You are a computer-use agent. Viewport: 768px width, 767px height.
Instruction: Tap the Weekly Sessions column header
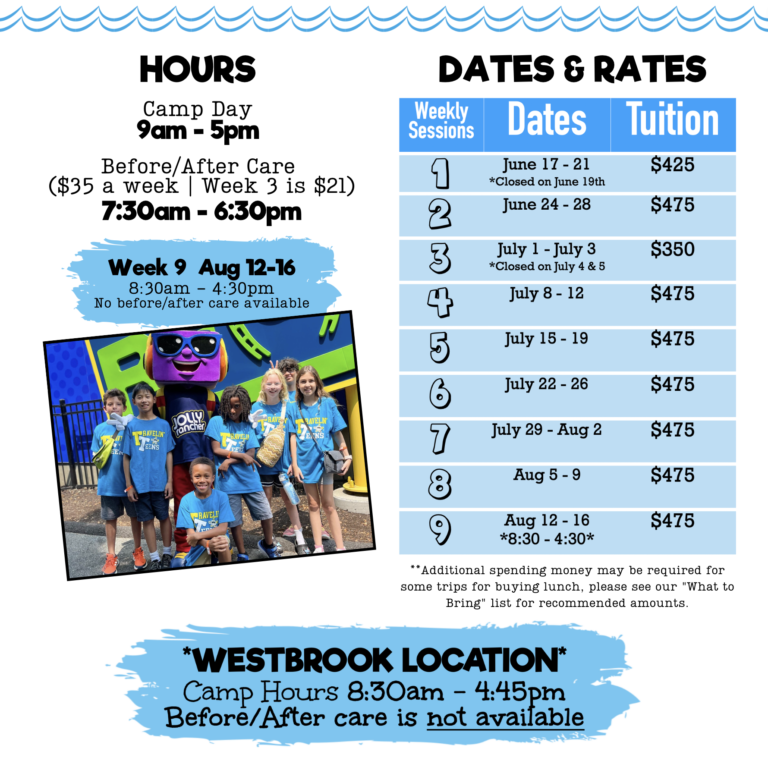tap(441, 121)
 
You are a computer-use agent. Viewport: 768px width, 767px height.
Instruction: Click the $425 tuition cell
tap(672, 165)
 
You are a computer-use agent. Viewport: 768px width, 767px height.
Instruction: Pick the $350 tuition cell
tap(672, 249)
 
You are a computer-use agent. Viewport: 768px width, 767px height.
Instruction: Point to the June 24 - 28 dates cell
tap(547, 205)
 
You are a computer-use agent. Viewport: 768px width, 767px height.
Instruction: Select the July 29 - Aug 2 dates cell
tap(547, 430)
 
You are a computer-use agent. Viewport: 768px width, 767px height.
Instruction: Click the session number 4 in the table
tap(440, 303)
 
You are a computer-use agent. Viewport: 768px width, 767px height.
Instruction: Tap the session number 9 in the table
tap(440, 530)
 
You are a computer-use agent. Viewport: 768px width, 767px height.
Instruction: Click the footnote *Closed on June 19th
tap(547, 182)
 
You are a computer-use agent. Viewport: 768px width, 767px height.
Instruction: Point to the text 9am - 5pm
tap(198, 131)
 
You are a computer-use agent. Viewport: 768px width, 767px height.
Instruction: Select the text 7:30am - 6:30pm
tap(201, 212)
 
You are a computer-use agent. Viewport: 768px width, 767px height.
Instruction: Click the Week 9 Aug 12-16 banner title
tap(202, 267)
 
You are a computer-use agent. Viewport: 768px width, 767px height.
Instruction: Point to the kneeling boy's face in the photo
tap(203, 477)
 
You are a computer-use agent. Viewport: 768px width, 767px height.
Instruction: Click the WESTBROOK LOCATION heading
tap(375, 660)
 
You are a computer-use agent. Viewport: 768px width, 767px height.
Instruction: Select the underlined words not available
tap(505, 717)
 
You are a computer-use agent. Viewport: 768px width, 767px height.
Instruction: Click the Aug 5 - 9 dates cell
tap(547, 475)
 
